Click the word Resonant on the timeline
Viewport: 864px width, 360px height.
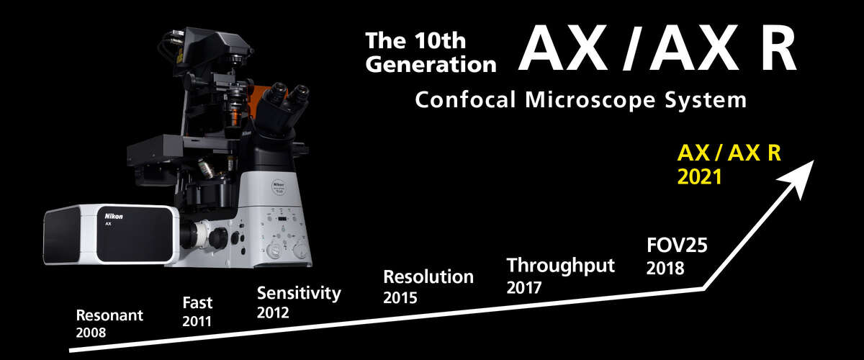click(x=109, y=315)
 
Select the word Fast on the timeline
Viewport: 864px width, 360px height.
click(x=197, y=302)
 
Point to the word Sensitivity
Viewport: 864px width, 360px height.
click(x=298, y=294)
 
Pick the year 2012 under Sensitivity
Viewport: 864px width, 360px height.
click(x=273, y=312)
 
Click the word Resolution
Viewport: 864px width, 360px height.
click(x=428, y=277)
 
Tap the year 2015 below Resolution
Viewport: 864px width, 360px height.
click(x=400, y=297)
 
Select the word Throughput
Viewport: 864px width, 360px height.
click(x=561, y=266)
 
